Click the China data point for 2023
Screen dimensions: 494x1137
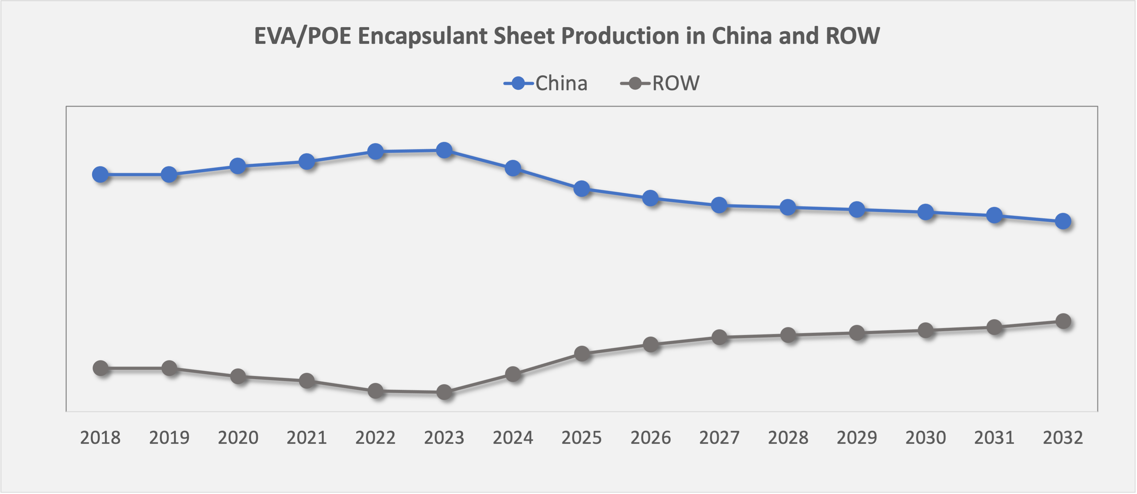tap(444, 150)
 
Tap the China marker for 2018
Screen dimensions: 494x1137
tap(101, 174)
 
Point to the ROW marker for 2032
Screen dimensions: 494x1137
tap(1063, 321)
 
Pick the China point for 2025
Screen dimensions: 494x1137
tap(582, 189)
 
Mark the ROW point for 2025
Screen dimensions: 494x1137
tap(582, 353)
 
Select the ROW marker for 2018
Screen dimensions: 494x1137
tap(101, 368)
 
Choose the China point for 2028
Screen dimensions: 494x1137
tap(788, 207)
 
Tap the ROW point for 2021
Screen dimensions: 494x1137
tap(307, 381)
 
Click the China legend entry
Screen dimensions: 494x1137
tap(546, 83)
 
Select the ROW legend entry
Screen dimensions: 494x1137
tap(661, 83)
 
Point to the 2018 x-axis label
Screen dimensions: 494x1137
tap(100, 438)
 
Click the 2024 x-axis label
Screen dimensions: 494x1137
tap(513, 438)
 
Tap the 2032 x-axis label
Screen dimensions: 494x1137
tap(1063, 438)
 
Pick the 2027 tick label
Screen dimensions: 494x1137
tap(719, 438)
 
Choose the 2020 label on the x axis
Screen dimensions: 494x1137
tap(238, 438)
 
